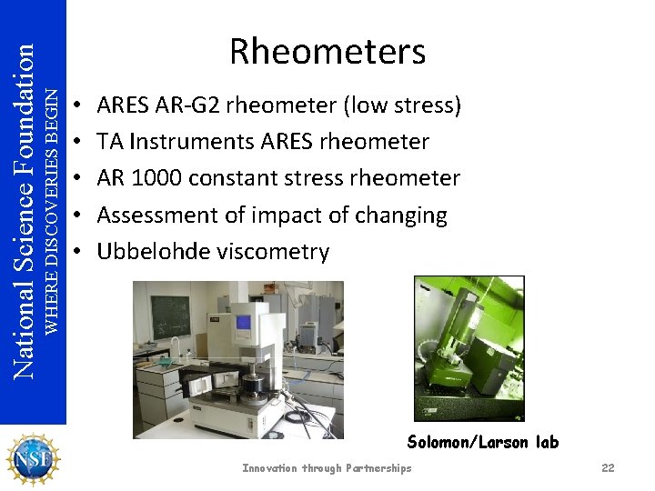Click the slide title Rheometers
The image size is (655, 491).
(x=327, y=52)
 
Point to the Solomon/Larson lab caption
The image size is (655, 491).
(x=483, y=443)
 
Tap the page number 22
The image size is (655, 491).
(x=608, y=468)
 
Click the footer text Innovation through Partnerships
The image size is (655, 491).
(x=327, y=468)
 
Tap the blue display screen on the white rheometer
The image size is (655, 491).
(x=243, y=322)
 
